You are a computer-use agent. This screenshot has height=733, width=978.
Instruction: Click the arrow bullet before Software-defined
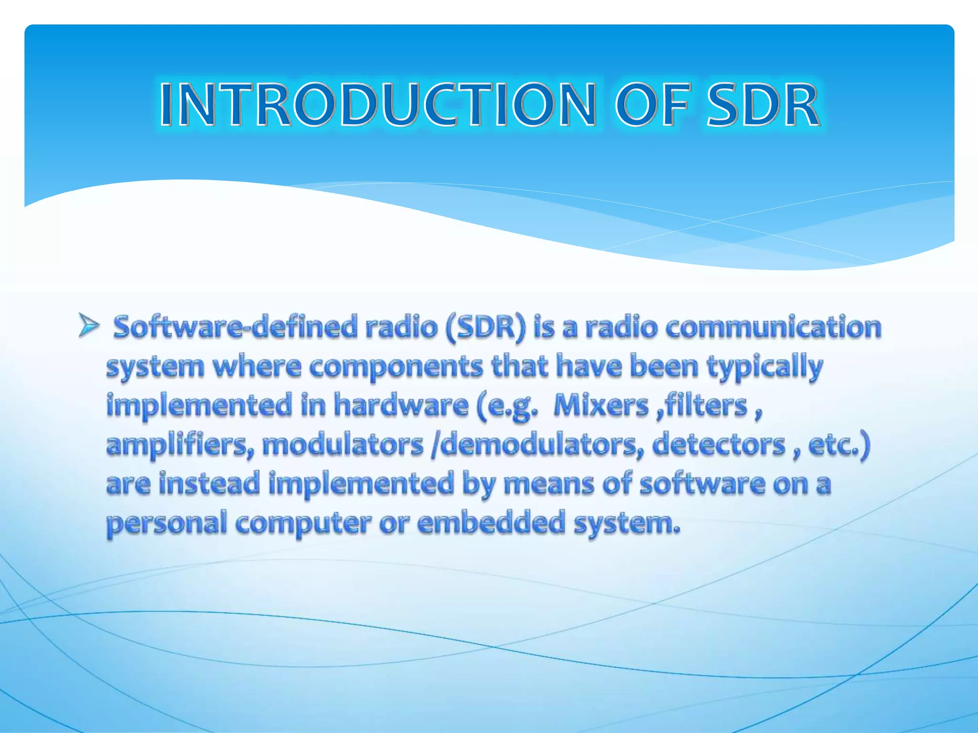89,327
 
